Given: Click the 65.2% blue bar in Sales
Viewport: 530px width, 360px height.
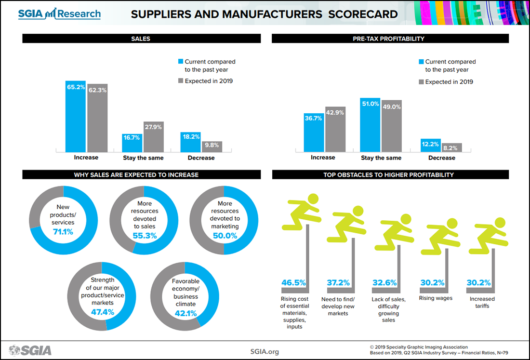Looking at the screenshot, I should point(76,116).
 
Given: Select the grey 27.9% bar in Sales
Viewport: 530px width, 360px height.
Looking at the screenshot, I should point(154,137).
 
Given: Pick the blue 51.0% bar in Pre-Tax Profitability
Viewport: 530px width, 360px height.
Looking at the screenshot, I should point(370,124).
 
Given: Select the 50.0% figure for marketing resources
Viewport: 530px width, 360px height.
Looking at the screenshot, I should point(225,236).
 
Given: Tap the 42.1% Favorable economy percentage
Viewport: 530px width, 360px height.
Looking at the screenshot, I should point(185,313).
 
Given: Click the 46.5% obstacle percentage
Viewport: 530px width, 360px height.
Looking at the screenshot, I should point(293,283).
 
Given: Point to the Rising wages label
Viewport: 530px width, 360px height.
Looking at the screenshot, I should point(436,298).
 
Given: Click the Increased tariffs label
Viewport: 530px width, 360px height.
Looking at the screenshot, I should point(482,302).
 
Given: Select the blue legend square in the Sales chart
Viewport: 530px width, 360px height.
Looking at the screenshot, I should point(181,62).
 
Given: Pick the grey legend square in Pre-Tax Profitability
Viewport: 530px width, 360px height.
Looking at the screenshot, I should point(421,82).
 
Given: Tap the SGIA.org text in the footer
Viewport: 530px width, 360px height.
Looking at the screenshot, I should point(265,351).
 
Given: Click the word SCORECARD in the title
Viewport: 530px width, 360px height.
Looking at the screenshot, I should point(363,14).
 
